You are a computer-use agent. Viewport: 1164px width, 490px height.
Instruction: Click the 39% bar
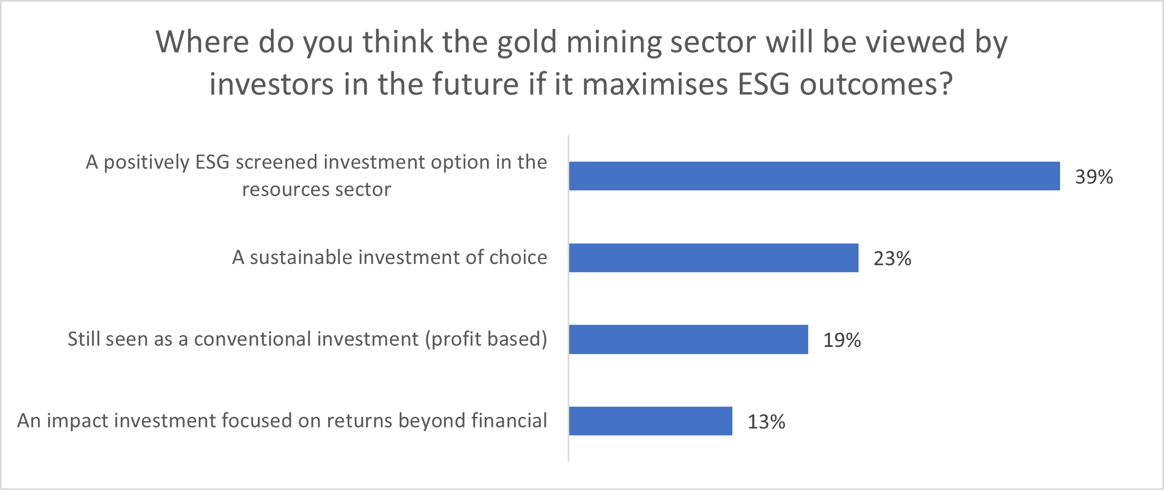tap(814, 176)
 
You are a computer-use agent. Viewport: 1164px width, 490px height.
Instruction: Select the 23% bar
tap(713, 258)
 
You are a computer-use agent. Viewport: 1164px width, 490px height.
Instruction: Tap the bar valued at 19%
tap(688, 340)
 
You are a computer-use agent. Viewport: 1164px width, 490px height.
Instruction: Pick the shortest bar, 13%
tap(651, 421)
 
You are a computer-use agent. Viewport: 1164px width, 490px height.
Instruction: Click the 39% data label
tap(1094, 177)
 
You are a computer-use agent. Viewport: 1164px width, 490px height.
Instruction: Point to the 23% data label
tap(892, 259)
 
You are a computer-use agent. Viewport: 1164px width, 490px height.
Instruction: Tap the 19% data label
tap(842, 340)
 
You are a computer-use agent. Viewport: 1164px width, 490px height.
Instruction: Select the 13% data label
tap(766, 422)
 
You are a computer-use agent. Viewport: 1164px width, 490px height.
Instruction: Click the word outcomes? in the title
tap(876, 85)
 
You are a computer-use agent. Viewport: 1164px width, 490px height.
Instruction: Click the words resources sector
tap(316, 190)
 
